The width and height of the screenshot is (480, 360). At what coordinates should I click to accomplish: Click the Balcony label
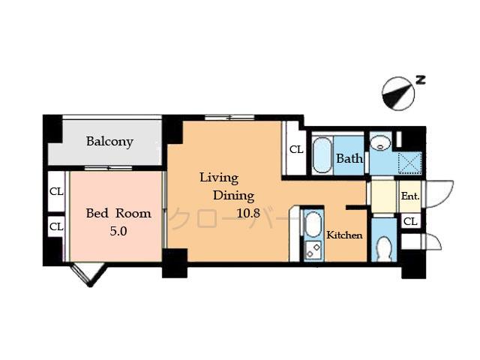coord(109,141)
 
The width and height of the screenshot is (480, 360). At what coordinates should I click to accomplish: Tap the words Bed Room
coord(118,213)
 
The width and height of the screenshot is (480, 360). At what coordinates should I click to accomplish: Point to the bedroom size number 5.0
coord(118,231)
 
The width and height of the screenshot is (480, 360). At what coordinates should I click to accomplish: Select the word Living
coord(218,178)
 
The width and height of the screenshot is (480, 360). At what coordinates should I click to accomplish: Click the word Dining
coord(234,196)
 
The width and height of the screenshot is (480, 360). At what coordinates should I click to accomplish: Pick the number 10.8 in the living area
coord(248,213)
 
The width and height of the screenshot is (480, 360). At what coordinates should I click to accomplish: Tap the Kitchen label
coord(344,235)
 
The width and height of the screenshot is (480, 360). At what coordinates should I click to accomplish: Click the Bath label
coord(349,158)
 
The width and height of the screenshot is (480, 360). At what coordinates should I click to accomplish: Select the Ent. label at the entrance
coord(409,196)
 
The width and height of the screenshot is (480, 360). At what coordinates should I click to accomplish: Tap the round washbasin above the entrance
coord(381,142)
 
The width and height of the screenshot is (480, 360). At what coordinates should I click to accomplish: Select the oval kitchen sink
coord(312,226)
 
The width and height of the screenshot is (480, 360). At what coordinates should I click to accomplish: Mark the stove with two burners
coord(313,251)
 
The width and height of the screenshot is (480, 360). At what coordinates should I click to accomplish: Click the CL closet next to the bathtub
coord(296,149)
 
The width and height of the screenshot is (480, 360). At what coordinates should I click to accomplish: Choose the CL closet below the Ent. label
coord(409,221)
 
